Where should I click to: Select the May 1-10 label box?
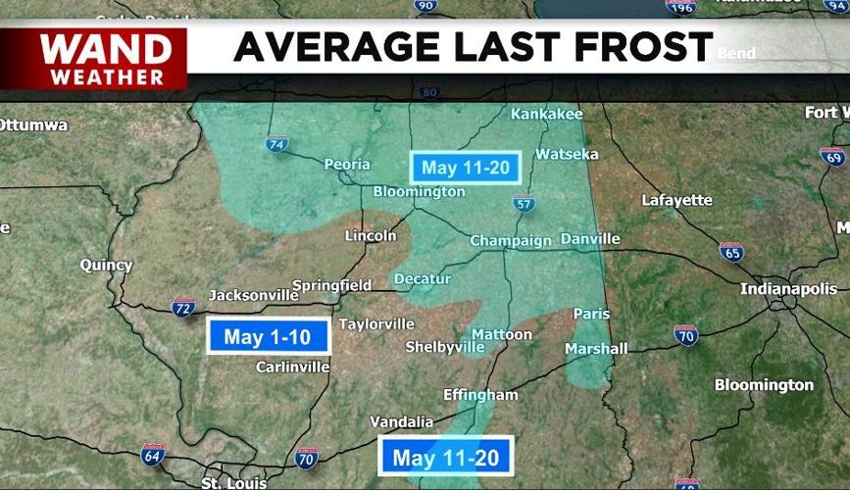point(268,337)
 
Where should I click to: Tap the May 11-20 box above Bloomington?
point(466,168)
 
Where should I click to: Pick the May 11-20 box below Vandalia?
point(446,457)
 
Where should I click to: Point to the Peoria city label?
point(347,165)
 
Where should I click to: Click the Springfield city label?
point(331,285)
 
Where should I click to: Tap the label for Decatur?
point(423,279)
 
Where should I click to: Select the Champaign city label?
point(511,240)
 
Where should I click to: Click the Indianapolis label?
point(789,289)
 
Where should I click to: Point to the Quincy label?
point(106,265)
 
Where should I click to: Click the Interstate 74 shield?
point(277,145)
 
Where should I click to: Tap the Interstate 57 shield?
point(524,203)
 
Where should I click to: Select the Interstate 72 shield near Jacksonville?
point(183,306)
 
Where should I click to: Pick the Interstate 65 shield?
point(730,252)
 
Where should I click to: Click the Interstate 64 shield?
point(152,454)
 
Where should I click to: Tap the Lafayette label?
point(676,200)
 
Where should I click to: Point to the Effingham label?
point(480,395)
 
